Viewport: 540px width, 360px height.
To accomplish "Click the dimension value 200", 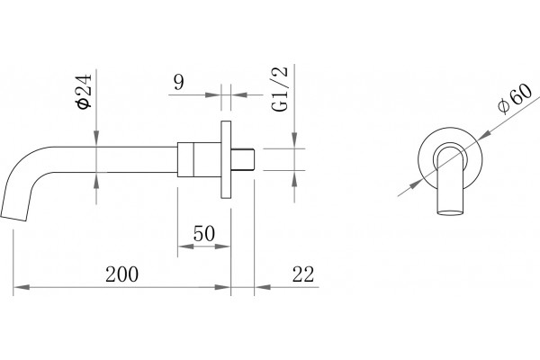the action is (x=121, y=274).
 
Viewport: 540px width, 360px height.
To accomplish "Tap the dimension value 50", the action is (x=204, y=233).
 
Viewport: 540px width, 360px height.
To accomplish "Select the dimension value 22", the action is (x=303, y=274).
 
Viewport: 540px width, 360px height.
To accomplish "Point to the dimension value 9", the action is (x=179, y=82).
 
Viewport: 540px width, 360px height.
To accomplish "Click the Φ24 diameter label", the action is (x=85, y=91).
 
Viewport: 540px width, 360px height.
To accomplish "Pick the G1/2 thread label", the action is (x=279, y=89).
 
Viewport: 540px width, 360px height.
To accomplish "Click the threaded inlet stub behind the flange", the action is (x=243, y=159).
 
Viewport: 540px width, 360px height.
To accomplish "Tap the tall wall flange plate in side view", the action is (x=226, y=160).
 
